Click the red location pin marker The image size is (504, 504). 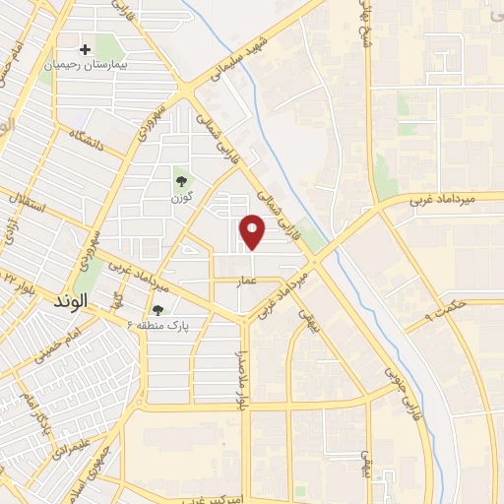[254, 231]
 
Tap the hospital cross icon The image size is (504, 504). [86, 48]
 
